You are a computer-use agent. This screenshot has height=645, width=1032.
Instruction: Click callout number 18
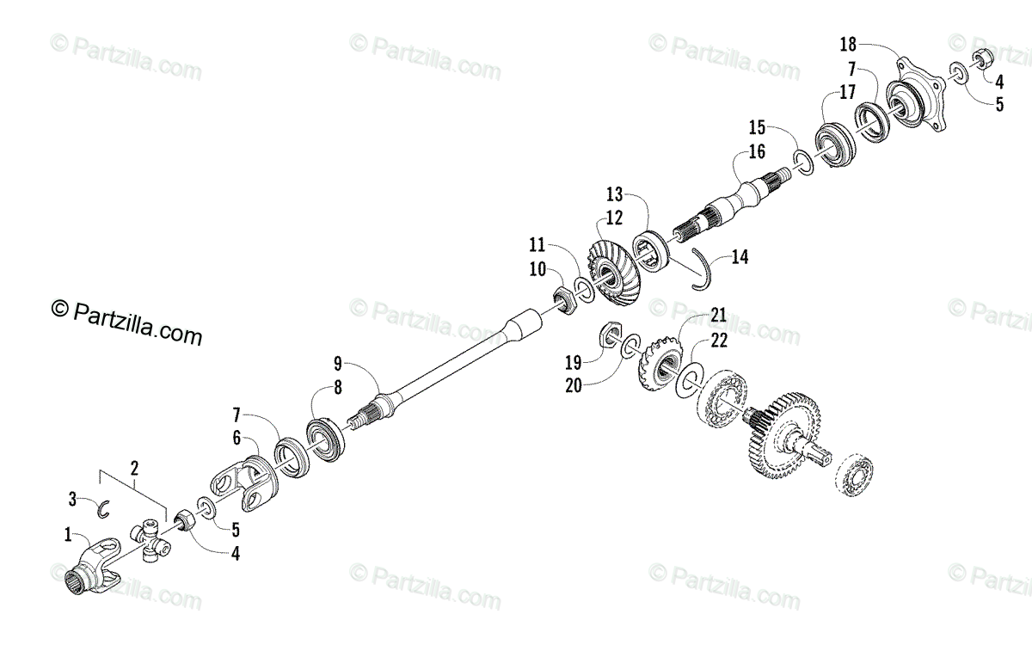tap(846, 42)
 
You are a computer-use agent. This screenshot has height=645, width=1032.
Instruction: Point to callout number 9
tap(338, 362)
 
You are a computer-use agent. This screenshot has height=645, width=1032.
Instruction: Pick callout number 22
tap(719, 341)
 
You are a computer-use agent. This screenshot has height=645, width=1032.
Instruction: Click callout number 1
tap(68, 535)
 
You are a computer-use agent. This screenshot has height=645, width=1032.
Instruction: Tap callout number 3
tap(75, 498)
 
